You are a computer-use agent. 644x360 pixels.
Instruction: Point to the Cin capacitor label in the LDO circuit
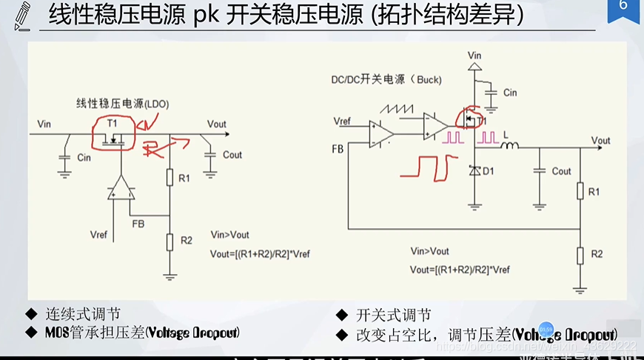pyautogui.click(x=84, y=158)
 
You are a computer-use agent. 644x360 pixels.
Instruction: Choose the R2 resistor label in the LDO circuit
pyautogui.click(x=186, y=240)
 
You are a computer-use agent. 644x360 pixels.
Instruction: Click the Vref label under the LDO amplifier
pyautogui.click(x=98, y=235)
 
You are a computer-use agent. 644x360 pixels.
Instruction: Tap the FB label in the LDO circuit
pyautogui.click(x=138, y=221)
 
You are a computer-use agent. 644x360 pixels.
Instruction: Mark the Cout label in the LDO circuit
pyautogui.click(x=232, y=155)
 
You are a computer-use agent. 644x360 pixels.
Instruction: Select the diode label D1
pyautogui.click(x=489, y=171)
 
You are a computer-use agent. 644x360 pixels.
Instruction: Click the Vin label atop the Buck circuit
pyautogui.click(x=474, y=55)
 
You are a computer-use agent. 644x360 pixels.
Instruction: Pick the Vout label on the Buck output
pyautogui.click(x=600, y=140)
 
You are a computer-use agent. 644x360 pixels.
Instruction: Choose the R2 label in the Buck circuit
pyautogui.click(x=597, y=254)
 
